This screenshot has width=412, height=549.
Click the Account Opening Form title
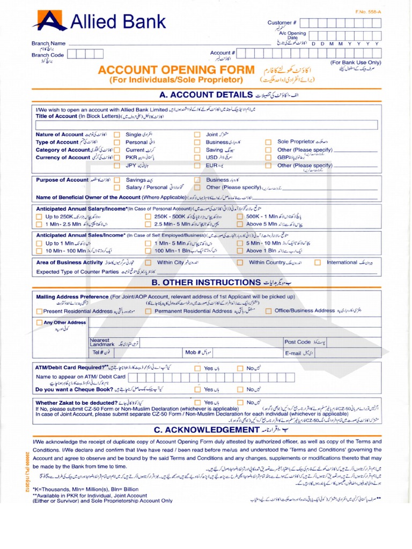coord(176,70)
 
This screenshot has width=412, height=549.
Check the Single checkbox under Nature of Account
coord(116,135)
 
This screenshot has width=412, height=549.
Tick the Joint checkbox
coord(197,135)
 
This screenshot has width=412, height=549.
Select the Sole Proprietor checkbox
coord(268,142)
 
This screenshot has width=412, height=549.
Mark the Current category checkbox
coord(116,150)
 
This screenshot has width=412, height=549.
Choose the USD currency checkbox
coord(197,158)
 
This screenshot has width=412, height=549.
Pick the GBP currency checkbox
coord(268,158)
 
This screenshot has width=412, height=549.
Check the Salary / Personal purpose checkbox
coord(116,188)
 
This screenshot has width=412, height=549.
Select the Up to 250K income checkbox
coord(39,217)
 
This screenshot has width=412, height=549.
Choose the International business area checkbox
coord(318,263)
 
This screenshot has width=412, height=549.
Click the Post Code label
coord(298,342)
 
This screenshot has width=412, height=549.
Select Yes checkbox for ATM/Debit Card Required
coord(197,369)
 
